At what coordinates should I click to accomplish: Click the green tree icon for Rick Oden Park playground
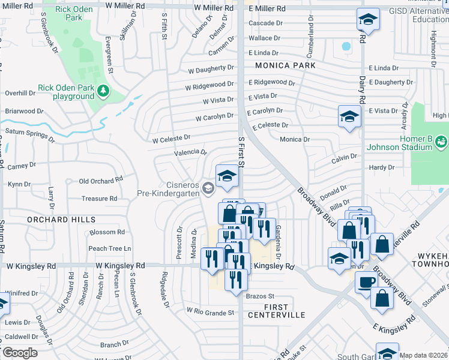(104, 91)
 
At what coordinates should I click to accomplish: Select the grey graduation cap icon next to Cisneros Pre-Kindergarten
(208, 188)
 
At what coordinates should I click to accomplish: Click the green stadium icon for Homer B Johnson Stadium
(441, 142)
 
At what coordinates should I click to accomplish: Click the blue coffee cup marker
(366, 281)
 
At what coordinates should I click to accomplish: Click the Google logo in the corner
(19, 353)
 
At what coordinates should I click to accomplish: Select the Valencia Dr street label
(190, 152)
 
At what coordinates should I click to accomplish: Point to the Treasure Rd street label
(100, 198)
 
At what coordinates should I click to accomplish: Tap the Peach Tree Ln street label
(109, 248)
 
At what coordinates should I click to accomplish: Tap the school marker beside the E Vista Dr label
(349, 116)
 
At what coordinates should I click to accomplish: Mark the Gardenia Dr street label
(278, 239)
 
